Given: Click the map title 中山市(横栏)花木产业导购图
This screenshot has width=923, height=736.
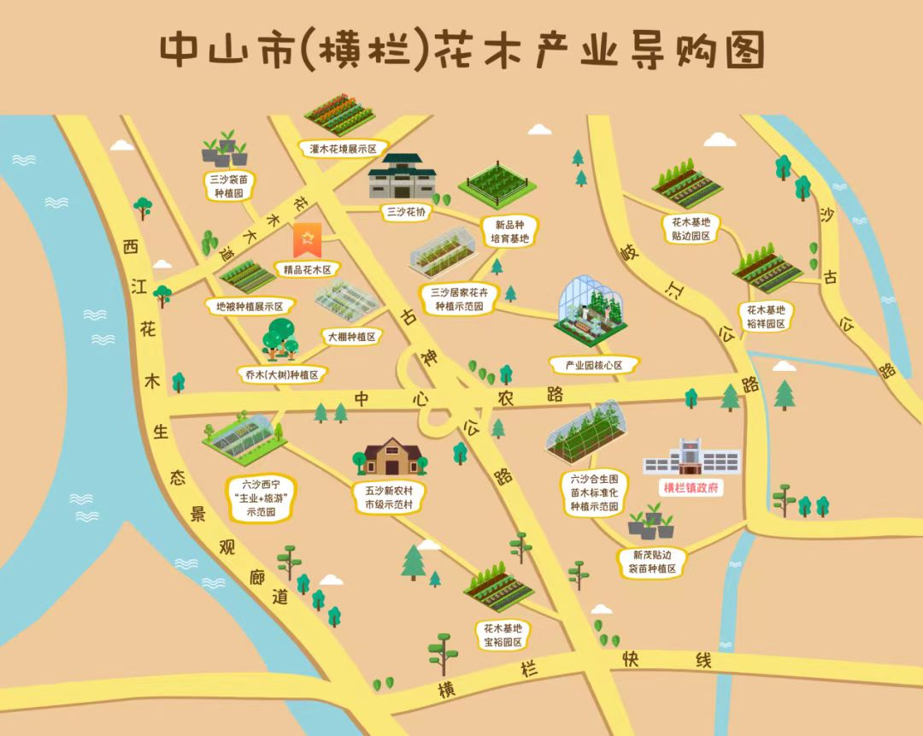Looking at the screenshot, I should point(461,50).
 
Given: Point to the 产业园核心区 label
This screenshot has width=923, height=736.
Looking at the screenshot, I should point(592,365).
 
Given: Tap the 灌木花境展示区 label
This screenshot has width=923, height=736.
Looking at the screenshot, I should point(343,148).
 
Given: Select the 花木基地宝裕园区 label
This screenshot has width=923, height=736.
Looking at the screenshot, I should point(503,633).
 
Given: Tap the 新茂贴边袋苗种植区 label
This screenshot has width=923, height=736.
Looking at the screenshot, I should point(653,562).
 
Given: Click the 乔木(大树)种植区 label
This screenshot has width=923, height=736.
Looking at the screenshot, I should point(281,374).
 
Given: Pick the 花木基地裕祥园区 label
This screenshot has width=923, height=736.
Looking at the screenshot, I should point(765,316).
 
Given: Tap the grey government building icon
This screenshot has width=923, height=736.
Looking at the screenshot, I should point(691,457).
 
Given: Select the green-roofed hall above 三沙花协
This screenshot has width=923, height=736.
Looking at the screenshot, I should point(403,176).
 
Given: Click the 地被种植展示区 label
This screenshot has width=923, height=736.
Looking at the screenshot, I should point(250,305).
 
